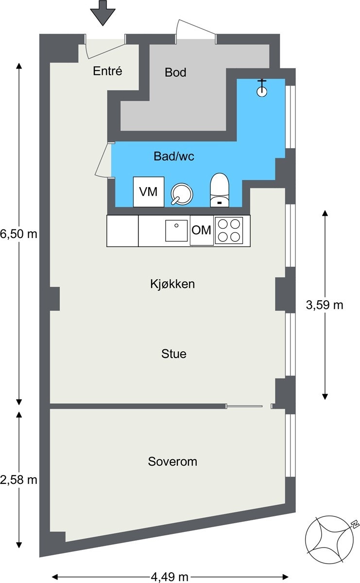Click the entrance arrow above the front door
[x=103, y=13]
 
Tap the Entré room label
[x=107, y=71]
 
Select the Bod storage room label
[x=175, y=72]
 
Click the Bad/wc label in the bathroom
[x=174, y=156]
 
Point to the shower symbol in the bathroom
[x=262, y=88]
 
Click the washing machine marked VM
[x=149, y=192]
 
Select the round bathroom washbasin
[x=182, y=194]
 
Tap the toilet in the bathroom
[x=220, y=190]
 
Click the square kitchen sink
[x=176, y=231]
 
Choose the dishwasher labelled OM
[x=202, y=230]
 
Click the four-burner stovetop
[x=229, y=231]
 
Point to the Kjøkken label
[x=172, y=284]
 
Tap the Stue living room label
[x=174, y=354]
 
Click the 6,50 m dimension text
[x=19, y=234]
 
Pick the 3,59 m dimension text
[x=325, y=305]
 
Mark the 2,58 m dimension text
[x=19, y=480]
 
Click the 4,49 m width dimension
[x=170, y=577]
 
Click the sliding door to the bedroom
[x=244, y=406]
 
